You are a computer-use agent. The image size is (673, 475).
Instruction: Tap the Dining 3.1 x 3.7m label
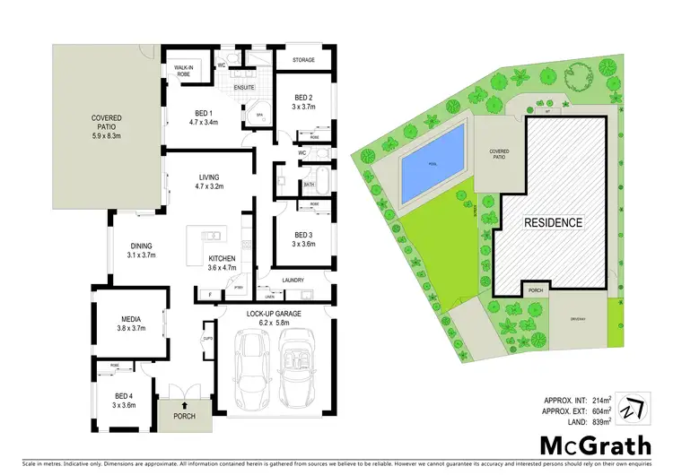(x=142, y=248)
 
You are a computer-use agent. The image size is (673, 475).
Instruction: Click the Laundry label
(x=293, y=281)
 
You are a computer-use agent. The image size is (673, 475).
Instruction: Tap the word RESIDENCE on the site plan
(x=554, y=222)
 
